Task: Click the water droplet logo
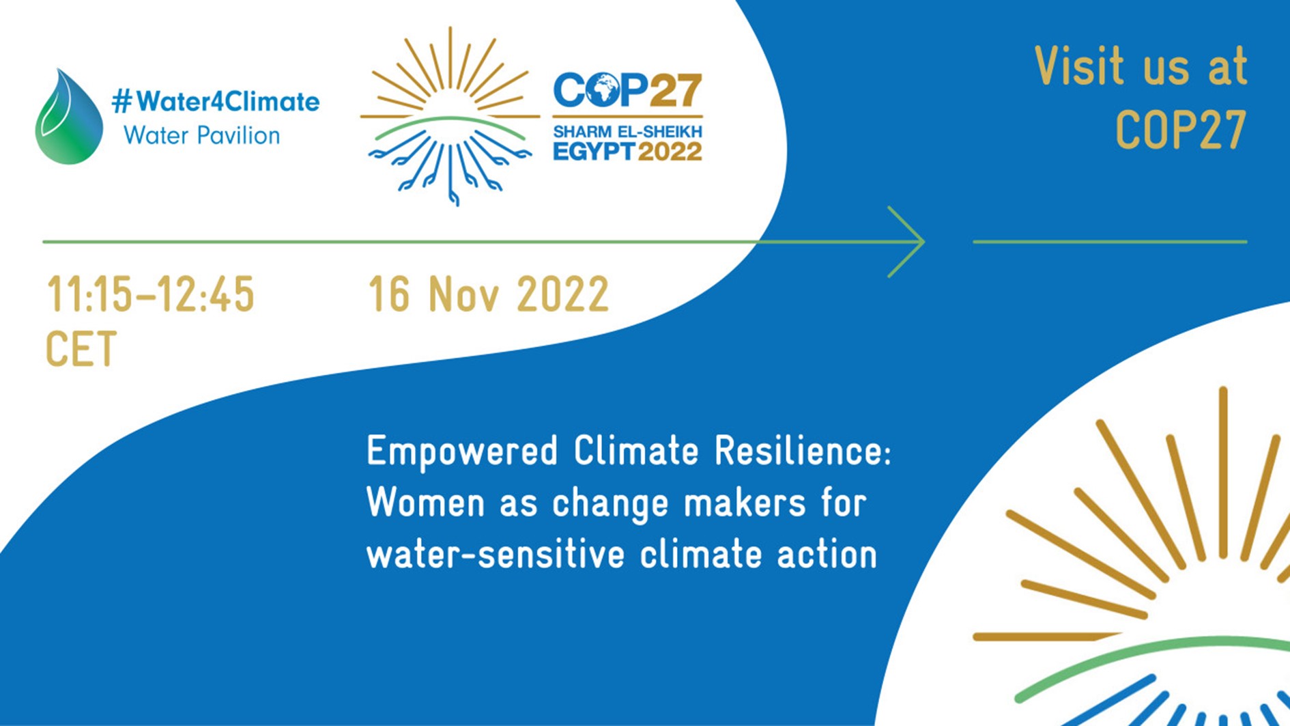point(69,117)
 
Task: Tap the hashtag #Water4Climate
point(216,102)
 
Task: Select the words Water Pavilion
point(201,135)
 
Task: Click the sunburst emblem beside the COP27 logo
point(450,116)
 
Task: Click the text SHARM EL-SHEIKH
point(627,131)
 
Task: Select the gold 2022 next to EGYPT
point(670,152)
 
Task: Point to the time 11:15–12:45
point(150,294)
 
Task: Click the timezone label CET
point(81,349)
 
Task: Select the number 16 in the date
point(390,294)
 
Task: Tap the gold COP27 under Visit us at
point(1181,129)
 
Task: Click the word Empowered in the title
point(462,452)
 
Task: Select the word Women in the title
point(427,503)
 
